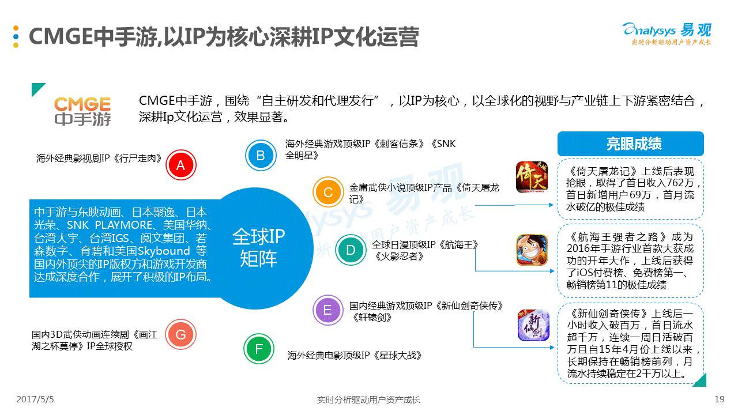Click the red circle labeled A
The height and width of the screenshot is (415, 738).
click(x=180, y=166)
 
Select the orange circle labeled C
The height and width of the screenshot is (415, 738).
click(x=327, y=193)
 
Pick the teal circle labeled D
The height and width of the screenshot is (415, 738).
click(x=351, y=250)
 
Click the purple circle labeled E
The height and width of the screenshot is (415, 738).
click(x=327, y=311)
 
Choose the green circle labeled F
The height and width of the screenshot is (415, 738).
click(x=259, y=349)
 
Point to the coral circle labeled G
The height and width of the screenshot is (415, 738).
click(x=180, y=335)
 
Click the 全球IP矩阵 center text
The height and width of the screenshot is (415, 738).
click(x=258, y=247)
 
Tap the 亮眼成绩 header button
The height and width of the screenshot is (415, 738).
click(x=630, y=144)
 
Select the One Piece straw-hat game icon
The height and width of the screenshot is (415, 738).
click(x=532, y=250)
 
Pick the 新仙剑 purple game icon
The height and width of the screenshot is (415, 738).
click(x=533, y=326)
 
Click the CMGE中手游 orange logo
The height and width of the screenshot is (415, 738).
click(x=82, y=111)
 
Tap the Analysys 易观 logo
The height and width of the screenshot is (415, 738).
click(x=667, y=32)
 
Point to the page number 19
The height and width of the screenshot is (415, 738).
click(x=718, y=399)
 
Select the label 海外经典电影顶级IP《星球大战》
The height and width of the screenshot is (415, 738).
click(x=355, y=355)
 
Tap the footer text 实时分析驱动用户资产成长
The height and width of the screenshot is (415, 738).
click(x=368, y=399)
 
